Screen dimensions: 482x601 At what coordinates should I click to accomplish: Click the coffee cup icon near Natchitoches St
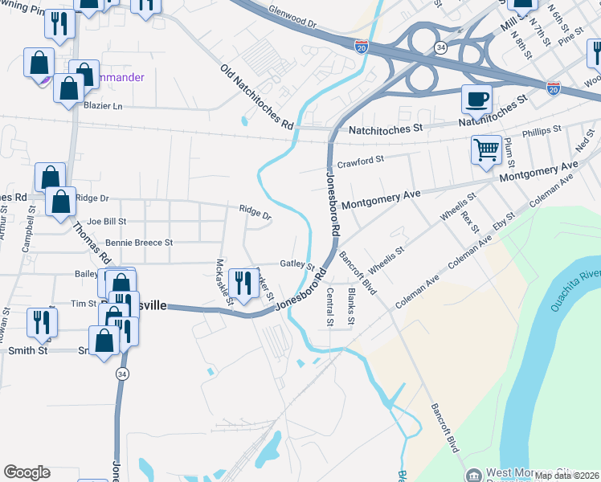pos(476,100)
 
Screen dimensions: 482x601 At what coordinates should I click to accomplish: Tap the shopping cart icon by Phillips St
pos(487,149)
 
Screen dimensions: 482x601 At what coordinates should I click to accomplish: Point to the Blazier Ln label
pos(103,106)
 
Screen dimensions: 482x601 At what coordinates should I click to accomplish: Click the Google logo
pos(27,472)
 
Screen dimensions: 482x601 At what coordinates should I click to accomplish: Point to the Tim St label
pos(84,304)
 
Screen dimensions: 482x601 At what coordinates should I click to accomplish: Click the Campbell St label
pos(29,229)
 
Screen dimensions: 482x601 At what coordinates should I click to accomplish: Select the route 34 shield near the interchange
pos(440,48)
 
